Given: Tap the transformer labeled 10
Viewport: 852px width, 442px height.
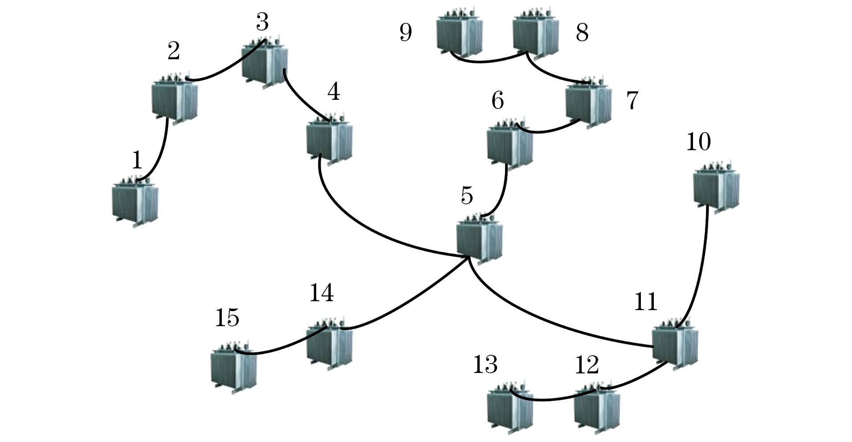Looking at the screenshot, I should (x=717, y=187).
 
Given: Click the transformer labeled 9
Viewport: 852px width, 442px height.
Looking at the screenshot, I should (x=460, y=36).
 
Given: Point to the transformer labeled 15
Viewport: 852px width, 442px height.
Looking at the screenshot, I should (x=234, y=368).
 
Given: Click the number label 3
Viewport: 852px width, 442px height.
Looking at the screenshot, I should (x=262, y=22).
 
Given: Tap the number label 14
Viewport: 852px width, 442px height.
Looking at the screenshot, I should (x=321, y=293).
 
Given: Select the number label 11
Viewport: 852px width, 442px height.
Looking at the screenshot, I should (x=645, y=302).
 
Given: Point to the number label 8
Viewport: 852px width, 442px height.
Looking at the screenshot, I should (x=582, y=32).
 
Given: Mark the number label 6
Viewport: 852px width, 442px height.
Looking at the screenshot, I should (x=497, y=101).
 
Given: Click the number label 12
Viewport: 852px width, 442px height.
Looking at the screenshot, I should (x=587, y=365).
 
